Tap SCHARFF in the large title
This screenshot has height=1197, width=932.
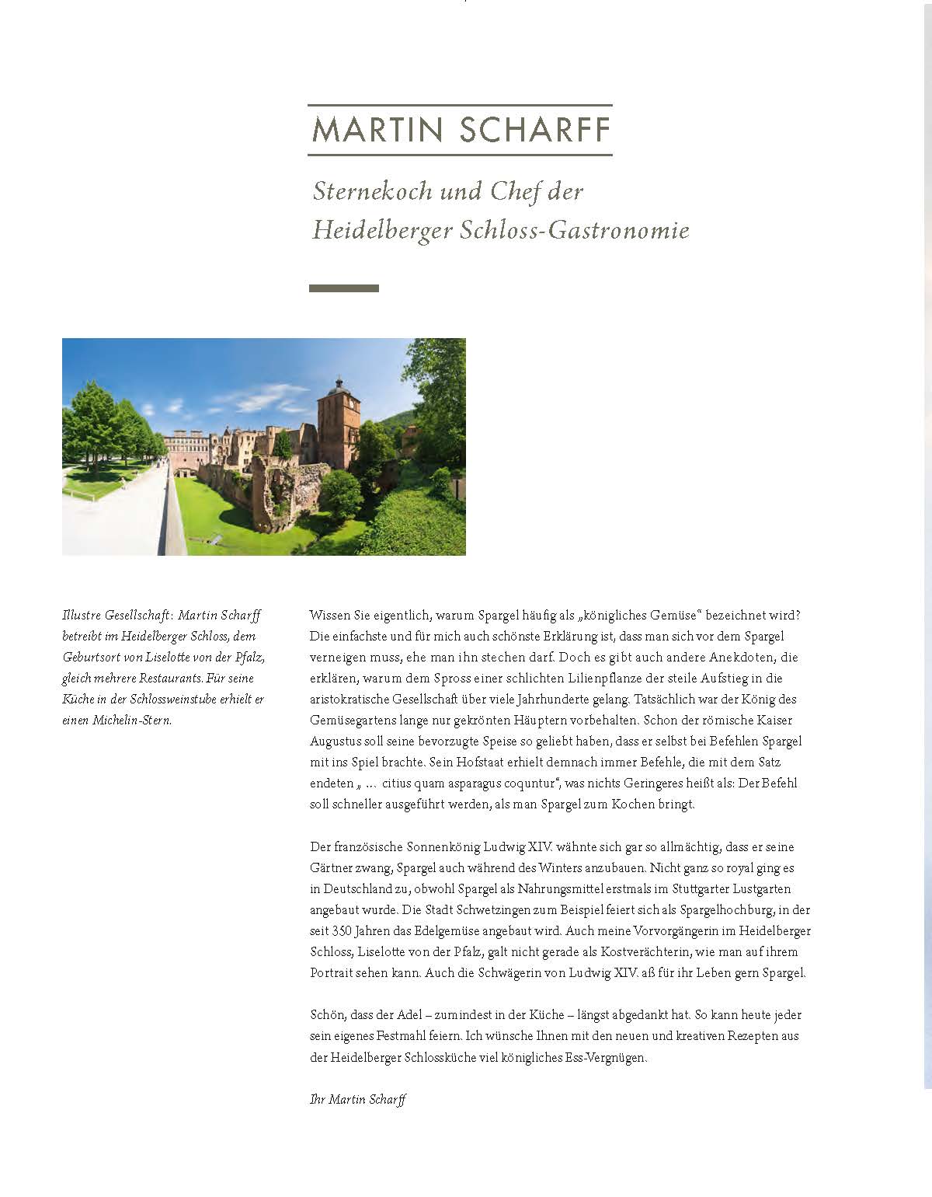click(535, 130)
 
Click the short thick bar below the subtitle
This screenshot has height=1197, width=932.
click(344, 288)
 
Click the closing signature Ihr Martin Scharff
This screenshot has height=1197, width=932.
click(357, 1099)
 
